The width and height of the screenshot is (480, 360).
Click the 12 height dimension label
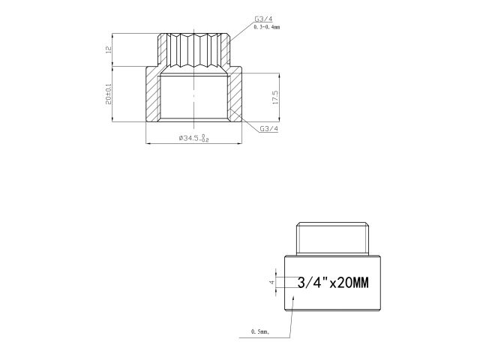click(x=109, y=50)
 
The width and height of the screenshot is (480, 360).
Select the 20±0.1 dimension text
click(x=109, y=94)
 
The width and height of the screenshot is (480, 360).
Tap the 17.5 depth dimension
click(x=276, y=97)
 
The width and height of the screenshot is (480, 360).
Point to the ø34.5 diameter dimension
click(x=187, y=138)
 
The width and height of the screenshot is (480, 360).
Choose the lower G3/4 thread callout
click(x=268, y=128)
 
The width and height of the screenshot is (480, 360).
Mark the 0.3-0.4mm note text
click(x=266, y=27)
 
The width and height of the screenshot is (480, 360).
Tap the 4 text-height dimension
click(x=272, y=283)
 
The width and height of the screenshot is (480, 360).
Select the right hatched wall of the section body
click(x=237, y=97)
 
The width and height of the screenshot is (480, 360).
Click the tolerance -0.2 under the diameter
click(x=205, y=140)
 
